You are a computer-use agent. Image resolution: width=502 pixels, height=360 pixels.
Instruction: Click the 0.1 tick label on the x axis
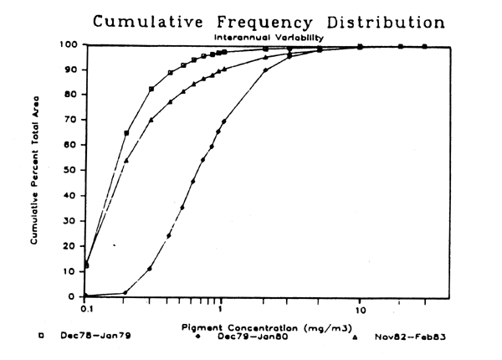[85, 308]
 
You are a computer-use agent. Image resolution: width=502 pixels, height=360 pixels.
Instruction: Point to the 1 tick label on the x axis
[220, 308]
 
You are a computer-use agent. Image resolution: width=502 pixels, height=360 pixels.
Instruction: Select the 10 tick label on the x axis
[359, 308]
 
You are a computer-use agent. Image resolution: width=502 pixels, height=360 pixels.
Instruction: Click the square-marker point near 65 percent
[126, 133]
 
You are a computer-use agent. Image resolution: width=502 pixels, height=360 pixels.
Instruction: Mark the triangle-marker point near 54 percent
[126, 160]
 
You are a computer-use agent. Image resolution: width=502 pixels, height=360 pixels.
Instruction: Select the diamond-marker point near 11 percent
[150, 269]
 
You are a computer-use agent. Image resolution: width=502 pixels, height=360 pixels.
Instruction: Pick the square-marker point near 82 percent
[151, 89]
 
